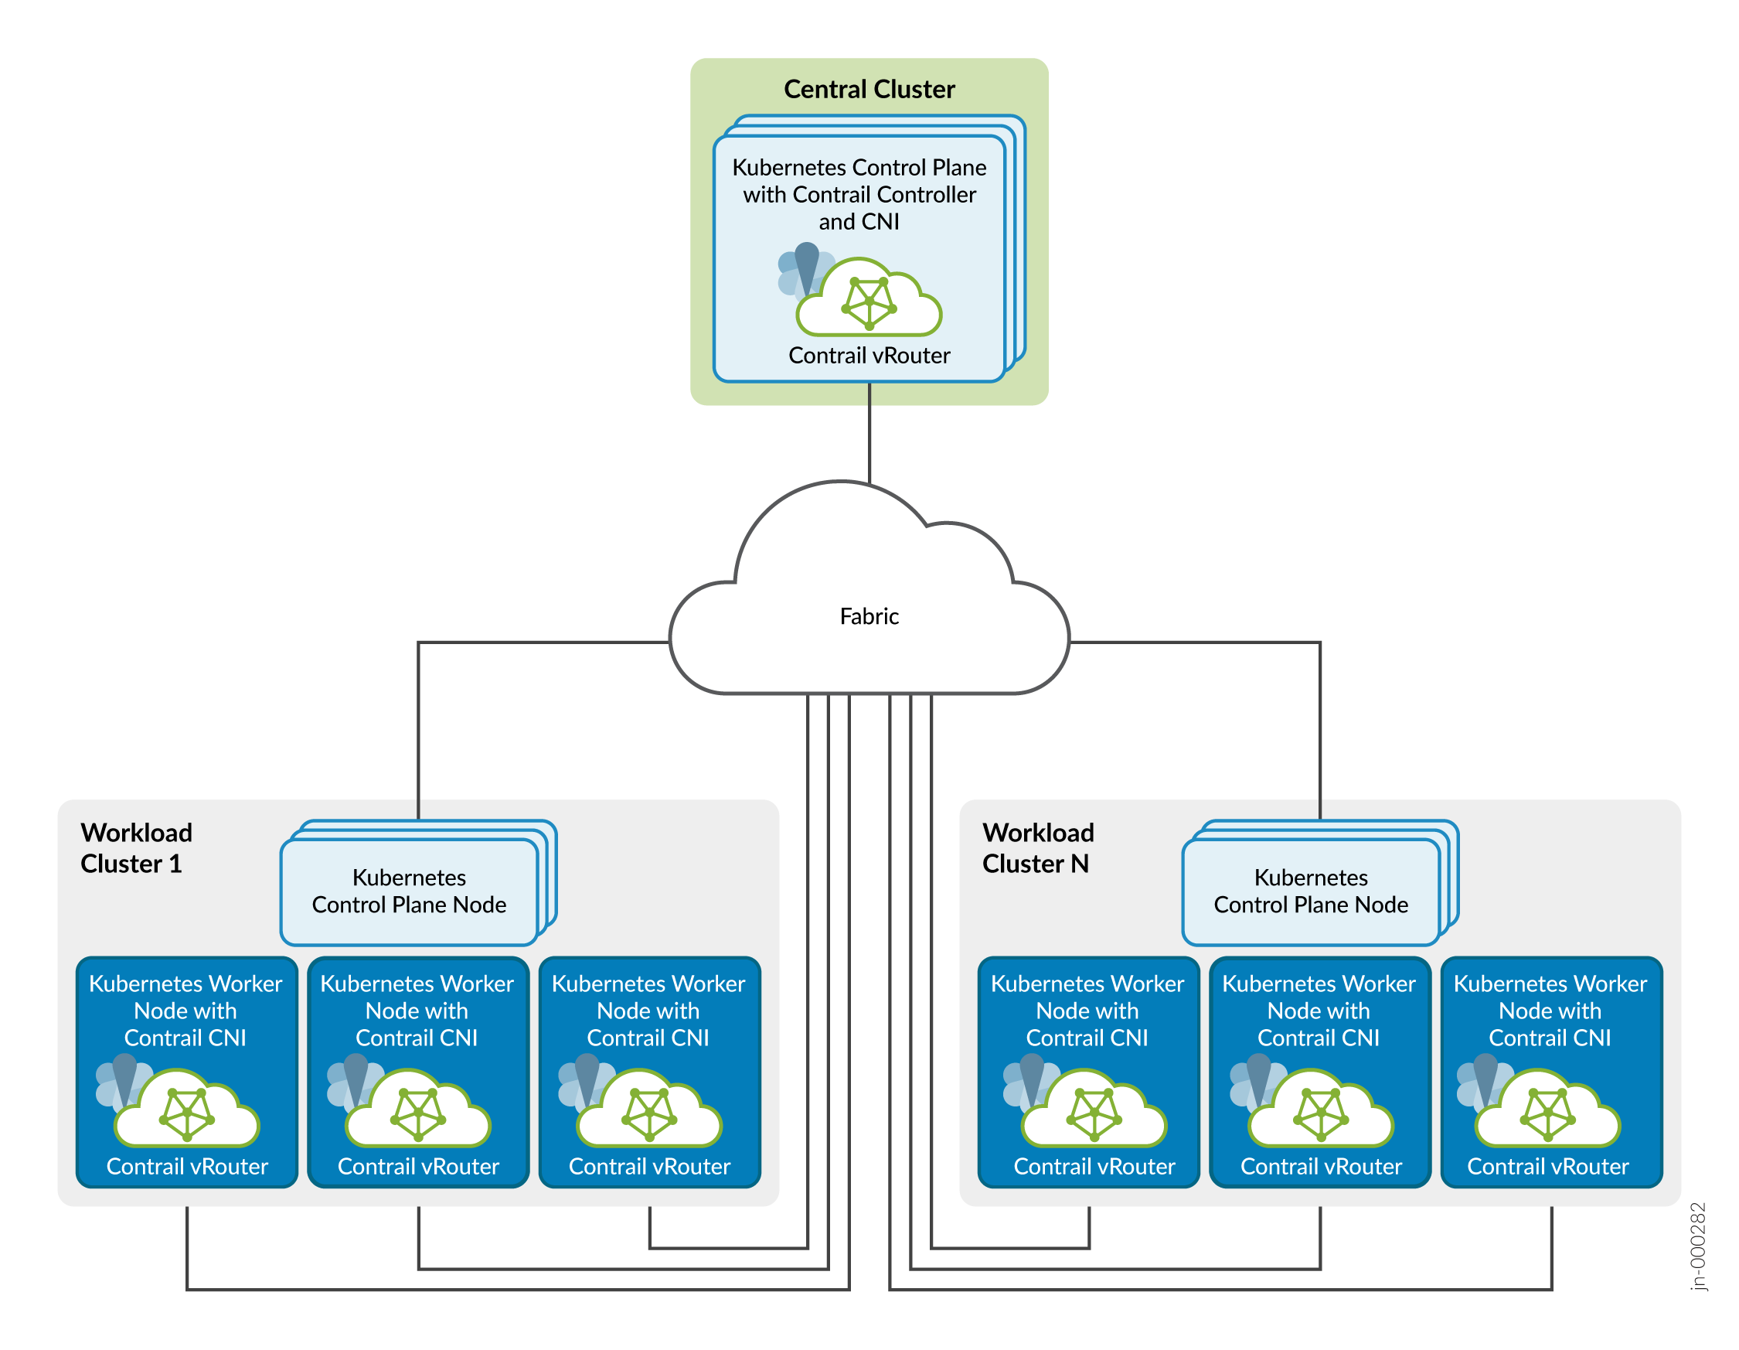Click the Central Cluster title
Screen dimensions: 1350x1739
tap(869, 89)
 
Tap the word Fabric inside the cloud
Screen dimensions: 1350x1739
tap(869, 616)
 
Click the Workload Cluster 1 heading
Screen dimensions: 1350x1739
tap(136, 848)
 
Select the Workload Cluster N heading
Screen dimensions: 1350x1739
tap(1037, 848)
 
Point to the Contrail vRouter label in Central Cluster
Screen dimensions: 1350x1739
tap(869, 355)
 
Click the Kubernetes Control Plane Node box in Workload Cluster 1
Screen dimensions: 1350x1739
tap(410, 891)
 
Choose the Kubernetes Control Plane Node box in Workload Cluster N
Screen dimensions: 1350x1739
tap(1311, 891)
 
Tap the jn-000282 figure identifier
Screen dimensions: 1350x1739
tap(1697, 1246)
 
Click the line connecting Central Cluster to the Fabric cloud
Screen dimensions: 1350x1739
tap(869, 434)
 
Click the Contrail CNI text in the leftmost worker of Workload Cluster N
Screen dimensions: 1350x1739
tap(1087, 1038)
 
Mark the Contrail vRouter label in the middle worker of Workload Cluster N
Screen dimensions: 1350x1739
tap(1320, 1167)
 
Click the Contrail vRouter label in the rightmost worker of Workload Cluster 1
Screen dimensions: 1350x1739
tap(649, 1167)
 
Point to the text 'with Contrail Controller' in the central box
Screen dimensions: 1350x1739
tap(859, 194)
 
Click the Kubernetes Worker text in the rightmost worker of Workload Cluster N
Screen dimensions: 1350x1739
tap(1550, 984)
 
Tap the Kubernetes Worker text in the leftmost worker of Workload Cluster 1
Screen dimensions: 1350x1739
tap(185, 984)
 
